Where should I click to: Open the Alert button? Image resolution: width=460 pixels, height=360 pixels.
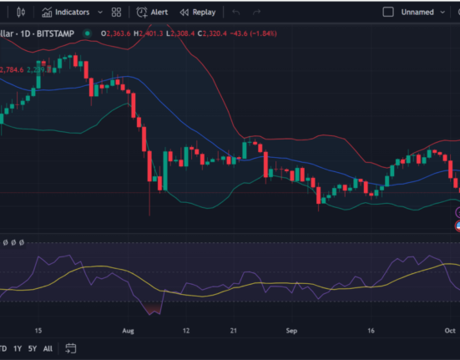(x=153, y=13)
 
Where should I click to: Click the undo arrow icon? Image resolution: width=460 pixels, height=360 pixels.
(x=236, y=13)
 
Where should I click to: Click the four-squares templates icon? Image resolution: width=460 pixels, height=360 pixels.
(x=116, y=13)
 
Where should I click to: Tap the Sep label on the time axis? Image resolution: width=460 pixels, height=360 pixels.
(x=291, y=330)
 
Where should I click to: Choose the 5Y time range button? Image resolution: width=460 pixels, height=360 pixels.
(x=32, y=348)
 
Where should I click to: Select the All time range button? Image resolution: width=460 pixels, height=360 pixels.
(x=48, y=348)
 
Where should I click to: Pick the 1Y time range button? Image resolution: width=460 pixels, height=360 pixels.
(x=17, y=348)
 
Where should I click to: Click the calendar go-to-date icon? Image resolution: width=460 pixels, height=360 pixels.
(x=72, y=348)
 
